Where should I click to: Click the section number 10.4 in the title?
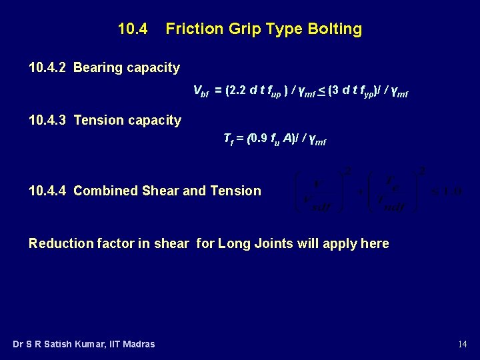(133, 29)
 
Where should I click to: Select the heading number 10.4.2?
(48, 67)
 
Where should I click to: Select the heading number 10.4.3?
(48, 120)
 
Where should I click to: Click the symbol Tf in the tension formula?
(227, 139)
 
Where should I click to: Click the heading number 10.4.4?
(48, 191)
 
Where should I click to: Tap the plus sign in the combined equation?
(361, 192)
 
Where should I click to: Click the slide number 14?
(463, 344)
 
